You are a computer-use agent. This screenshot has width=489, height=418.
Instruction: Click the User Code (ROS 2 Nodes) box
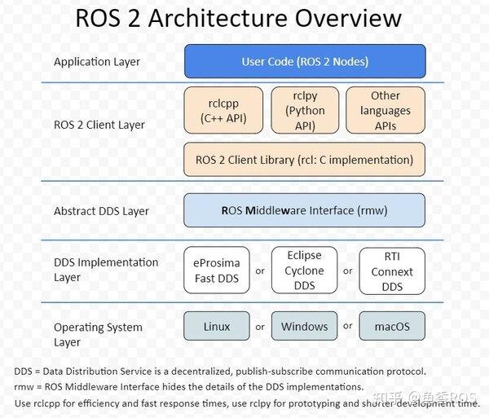click(x=305, y=62)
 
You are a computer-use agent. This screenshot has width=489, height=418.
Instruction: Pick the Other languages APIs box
click(x=385, y=110)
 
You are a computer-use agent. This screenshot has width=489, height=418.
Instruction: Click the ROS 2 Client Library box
click(x=305, y=160)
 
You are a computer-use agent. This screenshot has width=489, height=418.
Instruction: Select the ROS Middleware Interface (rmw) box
click(x=305, y=210)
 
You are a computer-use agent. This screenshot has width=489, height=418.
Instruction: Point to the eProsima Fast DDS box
click(x=216, y=271)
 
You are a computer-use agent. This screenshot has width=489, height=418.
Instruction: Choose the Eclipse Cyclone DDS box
click(x=304, y=271)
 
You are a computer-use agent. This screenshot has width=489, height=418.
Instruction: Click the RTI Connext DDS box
click(x=392, y=271)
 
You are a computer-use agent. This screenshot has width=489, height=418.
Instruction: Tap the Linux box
click(x=216, y=327)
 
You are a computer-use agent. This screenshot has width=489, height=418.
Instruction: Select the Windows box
click(x=304, y=327)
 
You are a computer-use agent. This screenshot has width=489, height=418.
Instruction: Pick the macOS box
click(x=392, y=327)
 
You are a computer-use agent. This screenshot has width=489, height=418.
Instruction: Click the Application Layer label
click(x=97, y=62)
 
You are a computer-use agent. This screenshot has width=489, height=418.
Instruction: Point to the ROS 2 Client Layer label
click(x=99, y=125)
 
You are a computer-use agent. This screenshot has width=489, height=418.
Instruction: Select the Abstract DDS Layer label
click(x=101, y=211)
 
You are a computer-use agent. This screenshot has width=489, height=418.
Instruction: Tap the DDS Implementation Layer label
click(x=106, y=270)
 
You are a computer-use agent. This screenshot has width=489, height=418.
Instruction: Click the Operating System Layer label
click(x=98, y=335)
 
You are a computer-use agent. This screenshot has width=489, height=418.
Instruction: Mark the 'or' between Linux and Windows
click(x=260, y=327)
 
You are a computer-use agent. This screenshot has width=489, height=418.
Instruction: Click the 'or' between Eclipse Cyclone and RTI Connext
click(x=348, y=271)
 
